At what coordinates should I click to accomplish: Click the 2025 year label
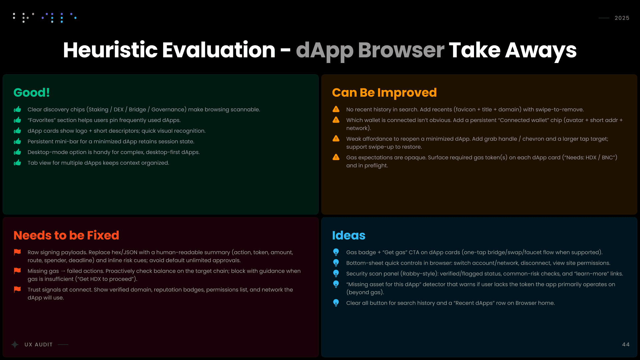(622, 18)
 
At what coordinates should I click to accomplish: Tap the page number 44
(626, 344)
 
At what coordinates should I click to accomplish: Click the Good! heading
(32, 92)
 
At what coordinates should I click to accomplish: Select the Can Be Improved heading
(384, 92)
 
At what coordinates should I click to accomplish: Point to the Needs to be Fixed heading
(66, 235)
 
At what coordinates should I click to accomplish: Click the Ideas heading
(349, 235)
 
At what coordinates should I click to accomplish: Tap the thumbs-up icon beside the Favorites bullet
(17, 120)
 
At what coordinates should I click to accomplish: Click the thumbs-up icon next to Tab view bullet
(17, 163)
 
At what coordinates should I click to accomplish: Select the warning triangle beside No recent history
(336, 109)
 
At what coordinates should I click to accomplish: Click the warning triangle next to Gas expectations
(336, 157)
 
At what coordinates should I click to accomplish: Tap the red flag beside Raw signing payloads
(17, 252)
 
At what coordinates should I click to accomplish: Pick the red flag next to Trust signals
(17, 290)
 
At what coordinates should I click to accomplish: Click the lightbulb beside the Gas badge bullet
(336, 252)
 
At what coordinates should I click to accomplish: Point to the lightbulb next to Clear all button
(336, 303)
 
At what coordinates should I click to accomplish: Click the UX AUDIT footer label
(39, 345)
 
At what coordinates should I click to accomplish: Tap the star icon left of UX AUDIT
(15, 345)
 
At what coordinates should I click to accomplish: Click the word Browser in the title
(401, 50)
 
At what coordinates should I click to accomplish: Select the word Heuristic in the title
(110, 50)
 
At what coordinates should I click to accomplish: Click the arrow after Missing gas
(63, 271)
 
